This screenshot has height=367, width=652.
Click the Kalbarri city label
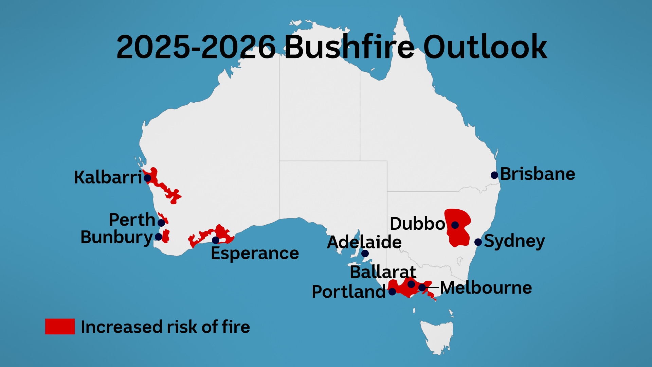point(108,177)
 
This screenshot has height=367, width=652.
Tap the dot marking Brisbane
point(494,175)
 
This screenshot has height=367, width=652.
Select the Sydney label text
point(514,241)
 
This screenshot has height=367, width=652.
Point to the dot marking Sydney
point(478,242)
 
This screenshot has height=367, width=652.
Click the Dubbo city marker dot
point(455,225)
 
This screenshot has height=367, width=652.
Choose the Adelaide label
point(364,242)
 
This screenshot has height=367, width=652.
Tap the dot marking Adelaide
point(365,254)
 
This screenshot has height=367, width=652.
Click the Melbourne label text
point(486,288)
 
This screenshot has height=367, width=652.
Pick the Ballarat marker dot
point(411,284)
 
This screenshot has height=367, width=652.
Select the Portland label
point(348,292)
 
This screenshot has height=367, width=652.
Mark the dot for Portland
point(392,292)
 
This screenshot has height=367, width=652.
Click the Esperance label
point(255,253)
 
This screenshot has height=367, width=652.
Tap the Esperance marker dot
point(216,240)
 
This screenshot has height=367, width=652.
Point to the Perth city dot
point(161,223)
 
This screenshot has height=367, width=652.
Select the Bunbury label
point(117,237)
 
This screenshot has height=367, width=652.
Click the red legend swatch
point(60,327)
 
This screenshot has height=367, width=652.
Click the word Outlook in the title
point(485,47)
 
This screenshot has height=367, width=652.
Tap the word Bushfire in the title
point(349,47)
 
